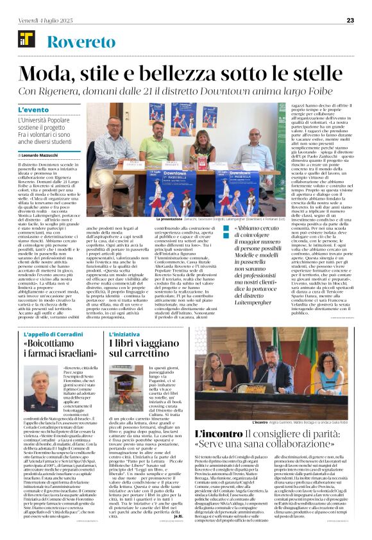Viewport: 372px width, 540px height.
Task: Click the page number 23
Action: pyautogui.click(x=350, y=20)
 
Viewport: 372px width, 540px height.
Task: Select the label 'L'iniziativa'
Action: pyautogui.click(x=124, y=335)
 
